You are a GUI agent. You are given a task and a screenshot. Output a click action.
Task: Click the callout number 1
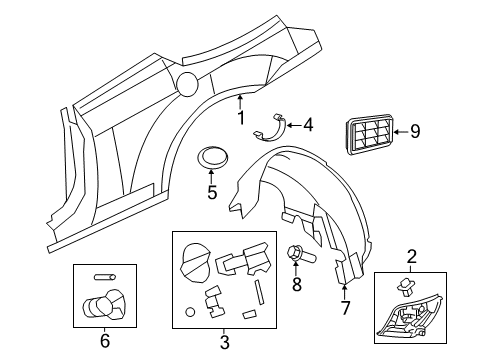(240, 117)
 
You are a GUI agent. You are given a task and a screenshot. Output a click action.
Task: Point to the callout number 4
(307, 125)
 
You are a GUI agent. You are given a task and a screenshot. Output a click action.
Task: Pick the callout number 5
(212, 191)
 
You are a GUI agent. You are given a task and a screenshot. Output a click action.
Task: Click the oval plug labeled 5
(212, 157)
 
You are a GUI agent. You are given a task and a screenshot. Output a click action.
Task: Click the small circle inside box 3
(191, 313)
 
